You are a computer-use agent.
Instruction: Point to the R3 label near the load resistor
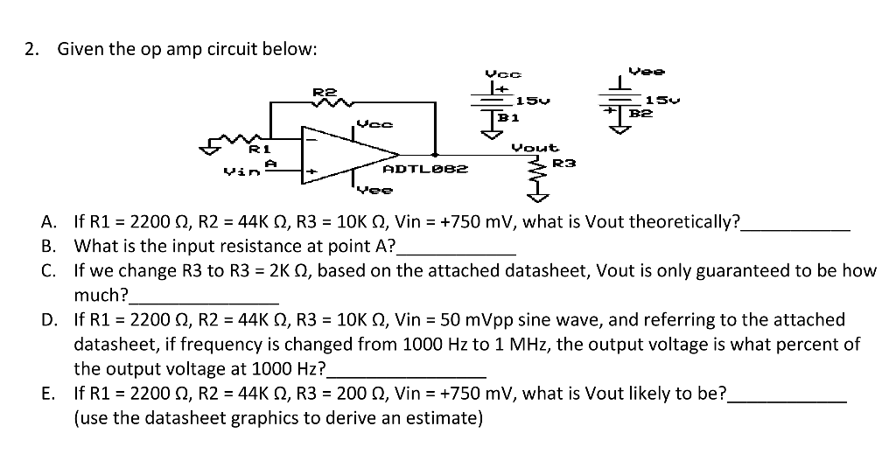564,164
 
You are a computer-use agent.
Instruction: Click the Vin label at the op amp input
234,172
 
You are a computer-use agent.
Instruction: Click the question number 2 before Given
31,49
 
